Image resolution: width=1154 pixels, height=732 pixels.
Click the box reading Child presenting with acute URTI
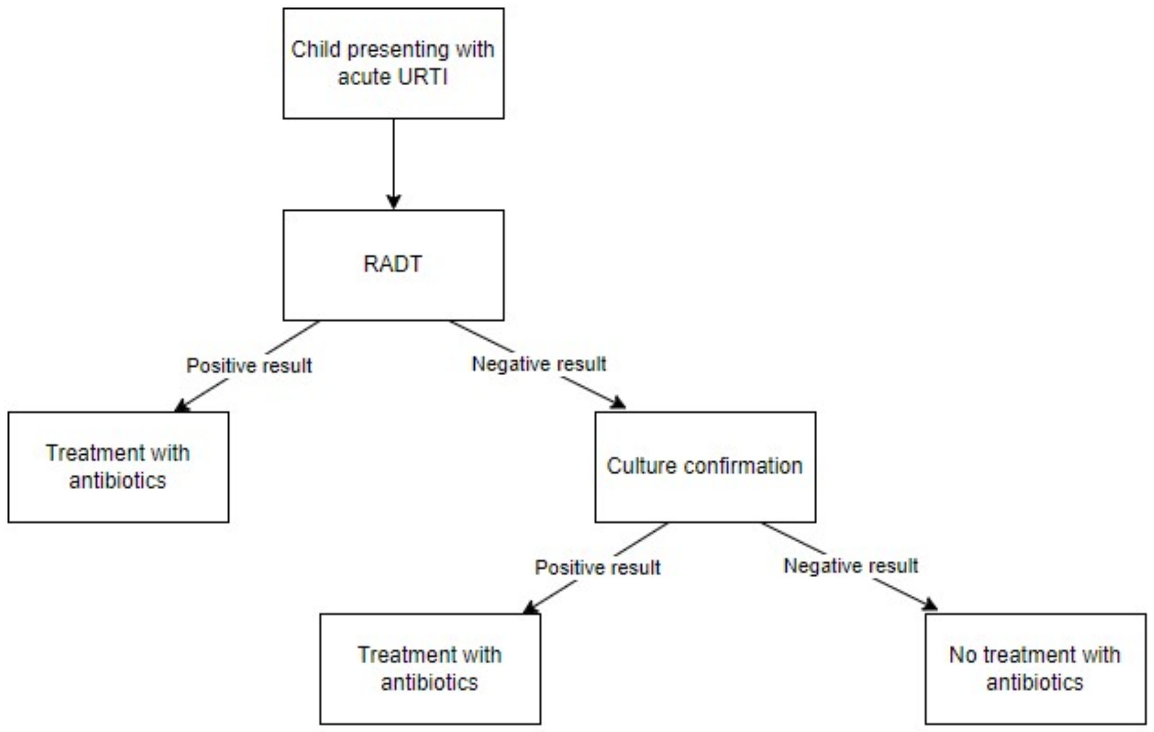point(393,63)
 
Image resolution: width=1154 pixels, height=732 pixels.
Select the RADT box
point(393,265)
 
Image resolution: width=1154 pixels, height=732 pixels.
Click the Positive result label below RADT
point(249,366)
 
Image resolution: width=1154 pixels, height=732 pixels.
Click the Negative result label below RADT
point(539,364)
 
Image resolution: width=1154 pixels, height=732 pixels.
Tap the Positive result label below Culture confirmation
point(597,568)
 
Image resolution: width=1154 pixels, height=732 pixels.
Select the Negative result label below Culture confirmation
point(850,566)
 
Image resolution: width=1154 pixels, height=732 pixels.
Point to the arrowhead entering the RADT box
point(393,201)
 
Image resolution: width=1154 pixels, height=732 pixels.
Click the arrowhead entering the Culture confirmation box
point(618,403)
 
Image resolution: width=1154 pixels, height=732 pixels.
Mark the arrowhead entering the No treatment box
point(930,605)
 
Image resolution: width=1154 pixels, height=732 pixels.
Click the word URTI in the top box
point(422,77)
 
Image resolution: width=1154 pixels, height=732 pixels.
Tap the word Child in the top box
point(315,49)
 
